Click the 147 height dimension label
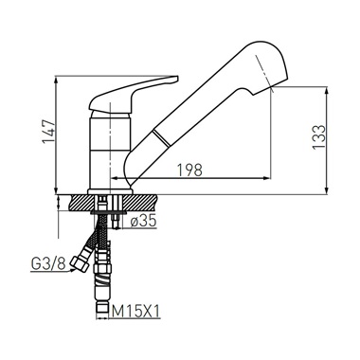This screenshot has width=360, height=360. pos(49,132)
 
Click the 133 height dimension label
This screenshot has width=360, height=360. pos(318,137)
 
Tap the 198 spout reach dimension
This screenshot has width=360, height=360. pos(189,171)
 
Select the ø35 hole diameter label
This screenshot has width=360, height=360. pos(144,222)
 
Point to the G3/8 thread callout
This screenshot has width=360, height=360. pos(48,263)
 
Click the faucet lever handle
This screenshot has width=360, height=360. pos(134,94)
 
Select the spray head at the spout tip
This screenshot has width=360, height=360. pos(264,68)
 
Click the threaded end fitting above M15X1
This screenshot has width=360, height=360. pos(101,310)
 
